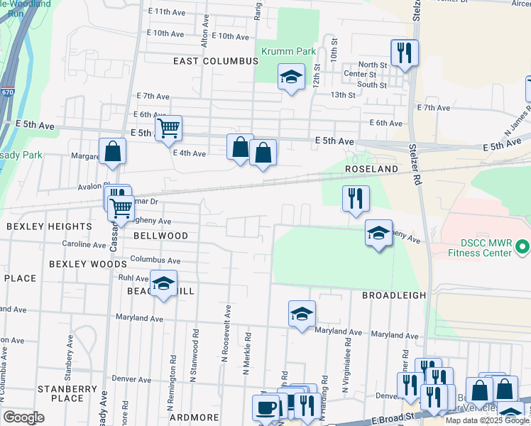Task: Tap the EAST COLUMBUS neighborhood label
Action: coord(216,61)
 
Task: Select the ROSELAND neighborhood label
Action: coord(370,170)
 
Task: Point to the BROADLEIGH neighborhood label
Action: coord(394,295)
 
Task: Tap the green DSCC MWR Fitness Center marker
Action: coord(523,247)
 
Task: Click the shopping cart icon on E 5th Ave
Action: coord(168,128)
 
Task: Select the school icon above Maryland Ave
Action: coord(302,313)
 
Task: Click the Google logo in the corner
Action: coord(23,417)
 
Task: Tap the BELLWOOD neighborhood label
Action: coord(160,236)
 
